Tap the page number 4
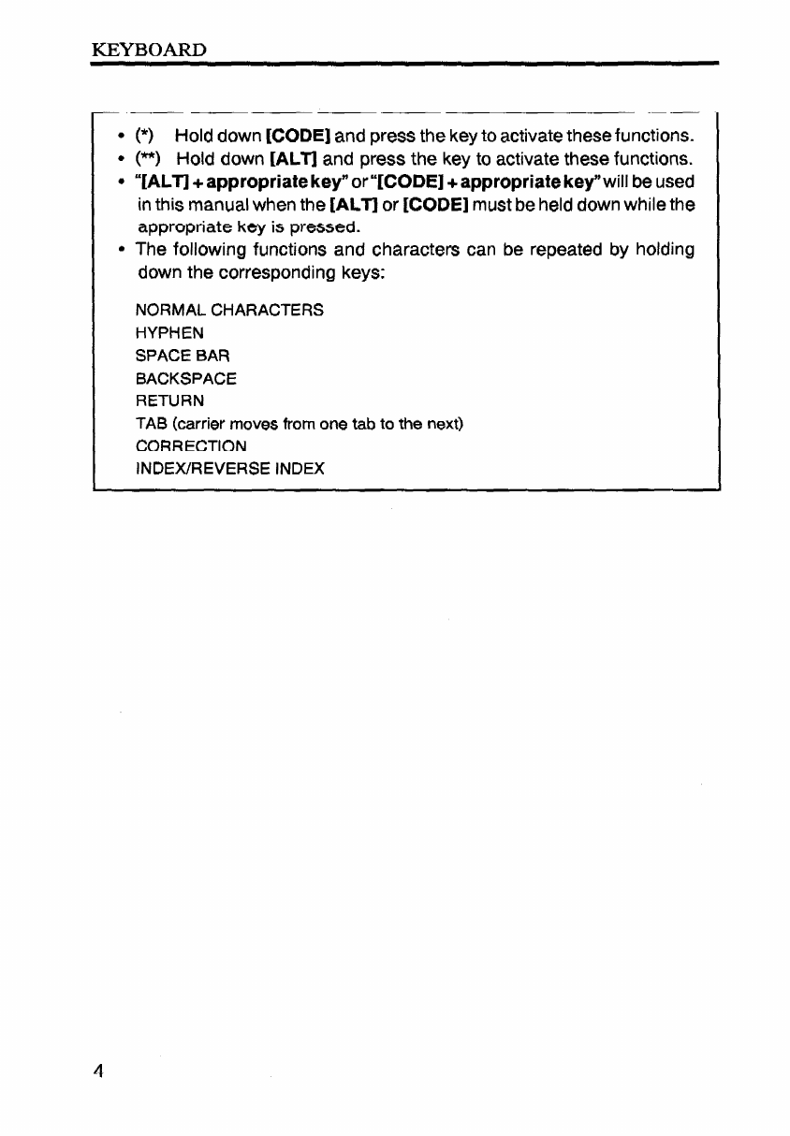click(x=96, y=1070)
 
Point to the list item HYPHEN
click(x=169, y=332)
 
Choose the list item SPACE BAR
click(x=183, y=356)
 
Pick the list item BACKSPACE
click(x=186, y=378)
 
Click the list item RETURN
click(x=170, y=401)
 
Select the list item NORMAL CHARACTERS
click(x=230, y=310)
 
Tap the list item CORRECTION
click(x=192, y=445)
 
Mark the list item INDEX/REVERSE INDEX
click(x=230, y=468)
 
